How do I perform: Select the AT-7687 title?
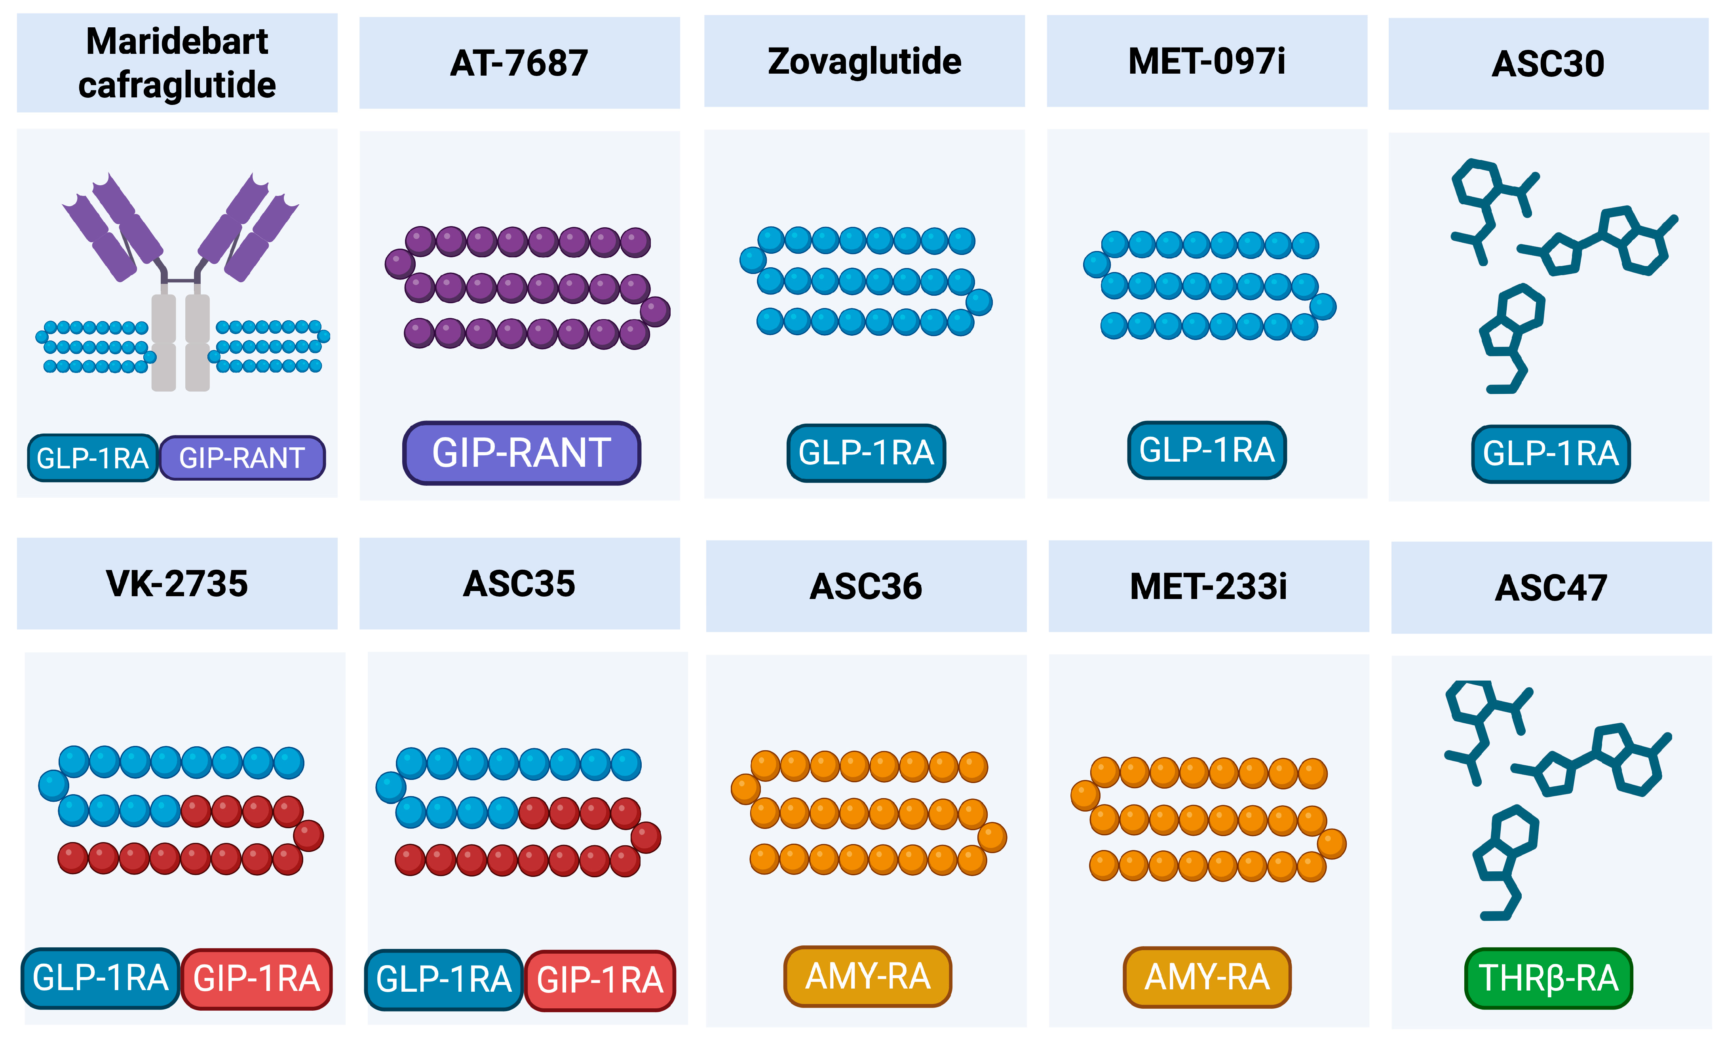point(519,63)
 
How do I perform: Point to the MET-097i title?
point(1207,62)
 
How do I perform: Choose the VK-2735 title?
point(177,584)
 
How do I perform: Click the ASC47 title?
point(1551,588)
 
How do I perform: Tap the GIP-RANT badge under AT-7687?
point(521,453)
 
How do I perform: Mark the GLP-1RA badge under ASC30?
point(1551,453)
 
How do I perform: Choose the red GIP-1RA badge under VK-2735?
point(256,978)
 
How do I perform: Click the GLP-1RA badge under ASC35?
point(444,979)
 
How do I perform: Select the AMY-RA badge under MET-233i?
point(1207,977)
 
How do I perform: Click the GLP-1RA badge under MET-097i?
point(1207,450)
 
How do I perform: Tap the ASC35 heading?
point(519,584)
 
